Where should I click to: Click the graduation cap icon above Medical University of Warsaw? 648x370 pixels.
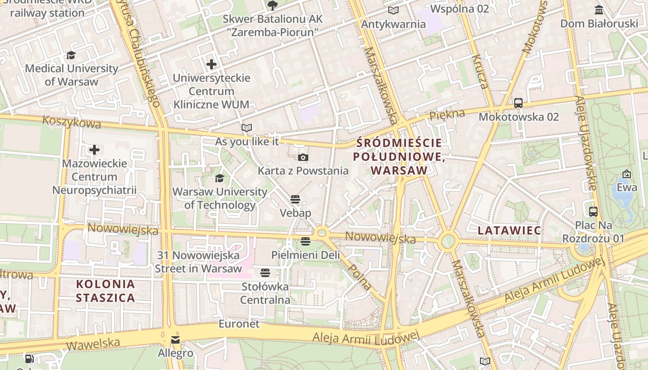tap(71, 55)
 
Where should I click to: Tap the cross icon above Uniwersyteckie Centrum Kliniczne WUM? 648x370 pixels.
tap(212, 64)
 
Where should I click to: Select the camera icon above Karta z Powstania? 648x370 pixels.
tap(303, 158)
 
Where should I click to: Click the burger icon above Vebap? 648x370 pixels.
tap(295, 199)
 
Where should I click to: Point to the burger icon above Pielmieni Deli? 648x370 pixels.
tap(305, 241)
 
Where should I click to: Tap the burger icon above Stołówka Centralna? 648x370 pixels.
tap(265, 273)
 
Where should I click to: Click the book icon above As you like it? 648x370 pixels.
tap(247, 128)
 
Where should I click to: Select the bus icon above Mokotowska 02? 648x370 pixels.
tap(518, 103)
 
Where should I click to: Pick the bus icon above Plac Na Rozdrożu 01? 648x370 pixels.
tap(593, 212)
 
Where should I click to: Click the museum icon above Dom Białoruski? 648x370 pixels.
tap(599, 10)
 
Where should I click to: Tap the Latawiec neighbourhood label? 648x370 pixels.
tap(510, 230)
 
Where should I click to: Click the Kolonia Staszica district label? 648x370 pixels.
tap(106, 291)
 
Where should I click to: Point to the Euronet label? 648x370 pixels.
tap(239, 324)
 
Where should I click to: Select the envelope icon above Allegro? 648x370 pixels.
tap(175, 340)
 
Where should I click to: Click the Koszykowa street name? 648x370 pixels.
tap(71, 122)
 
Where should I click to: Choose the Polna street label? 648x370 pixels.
tap(359, 277)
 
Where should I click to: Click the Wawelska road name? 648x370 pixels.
tap(93, 344)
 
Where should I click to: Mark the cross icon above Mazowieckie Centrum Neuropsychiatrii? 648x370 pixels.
tap(94, 150)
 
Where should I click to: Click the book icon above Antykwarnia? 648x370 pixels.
tap(393, 11)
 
